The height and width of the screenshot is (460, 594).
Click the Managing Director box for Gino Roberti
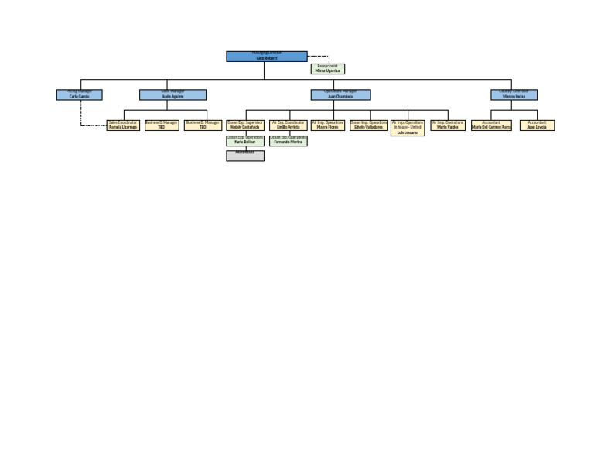[266, 57]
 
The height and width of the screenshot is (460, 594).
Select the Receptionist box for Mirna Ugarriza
[327, 69]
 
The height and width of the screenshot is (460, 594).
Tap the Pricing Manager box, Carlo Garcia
[79, 94]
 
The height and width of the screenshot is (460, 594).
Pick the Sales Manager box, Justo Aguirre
[172, 94]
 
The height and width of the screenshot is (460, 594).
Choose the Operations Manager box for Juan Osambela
[340, 94]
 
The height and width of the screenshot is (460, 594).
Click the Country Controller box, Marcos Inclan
[514, 94]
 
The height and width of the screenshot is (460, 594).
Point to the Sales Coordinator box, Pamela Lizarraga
[123, 125]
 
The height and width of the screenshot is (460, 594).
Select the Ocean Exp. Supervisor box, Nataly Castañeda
[245, 125]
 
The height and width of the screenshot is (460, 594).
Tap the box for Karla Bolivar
[245, 141]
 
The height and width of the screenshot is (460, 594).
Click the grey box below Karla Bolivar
[245, 156]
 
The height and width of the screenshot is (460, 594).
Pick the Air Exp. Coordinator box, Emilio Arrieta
[288, 125]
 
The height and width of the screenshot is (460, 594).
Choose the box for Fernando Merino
[288, 141]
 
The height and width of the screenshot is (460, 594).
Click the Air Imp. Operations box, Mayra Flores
[327, 125]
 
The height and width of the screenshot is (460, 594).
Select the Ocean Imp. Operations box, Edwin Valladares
[368, 125]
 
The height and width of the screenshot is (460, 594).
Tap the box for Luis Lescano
[408, 128]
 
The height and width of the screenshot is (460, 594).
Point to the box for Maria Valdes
[448, 125]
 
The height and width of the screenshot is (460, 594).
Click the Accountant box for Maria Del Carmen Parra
[491, 125]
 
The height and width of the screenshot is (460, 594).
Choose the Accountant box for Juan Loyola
[537, 125]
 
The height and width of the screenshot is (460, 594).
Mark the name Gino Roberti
[266, 58]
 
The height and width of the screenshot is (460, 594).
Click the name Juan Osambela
[340, 97]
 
